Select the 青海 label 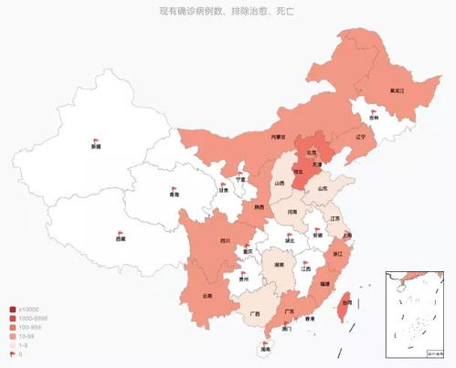click(174, 195)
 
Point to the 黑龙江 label click(397, 91)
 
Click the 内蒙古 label click(279, 137)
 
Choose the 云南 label click(207, 296)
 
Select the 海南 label click(265, 349)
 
